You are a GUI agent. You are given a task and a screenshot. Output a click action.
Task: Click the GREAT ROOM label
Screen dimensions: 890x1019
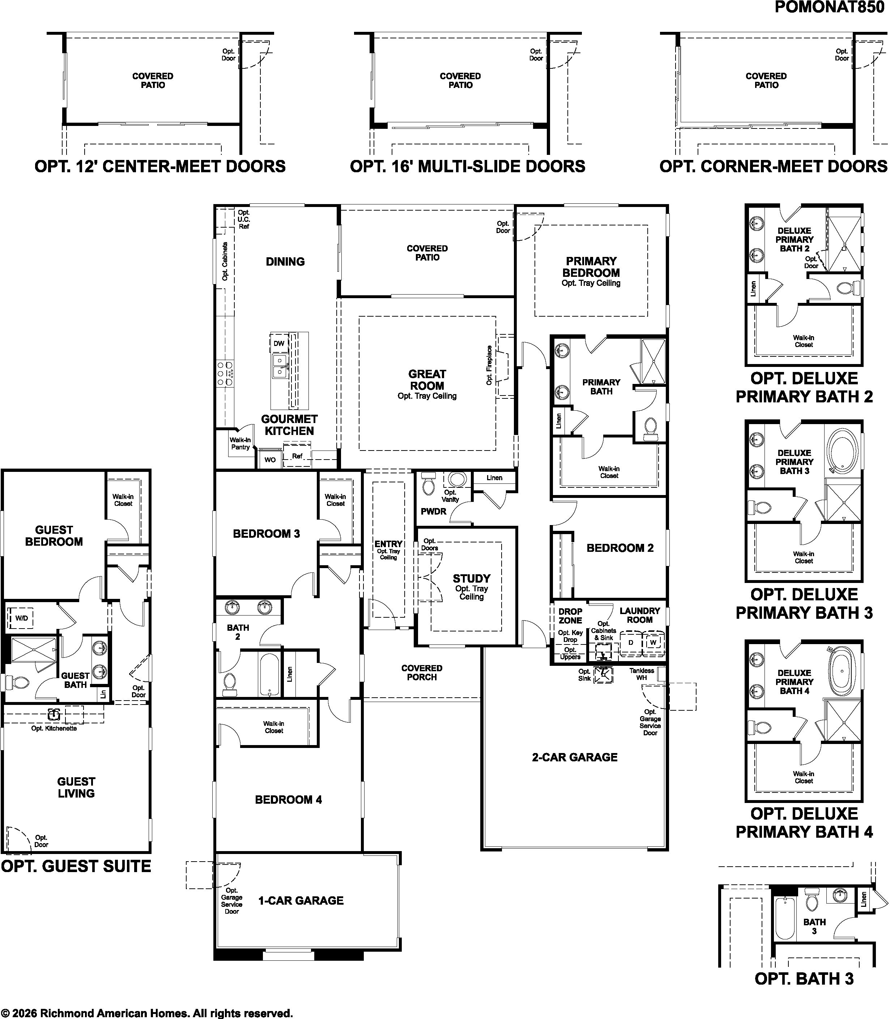tap(427, 380)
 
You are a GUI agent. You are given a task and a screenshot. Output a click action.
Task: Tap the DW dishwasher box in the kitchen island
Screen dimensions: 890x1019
tap(279, 343)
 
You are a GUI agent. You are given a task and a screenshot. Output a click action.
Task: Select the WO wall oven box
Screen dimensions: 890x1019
tap(270, 460)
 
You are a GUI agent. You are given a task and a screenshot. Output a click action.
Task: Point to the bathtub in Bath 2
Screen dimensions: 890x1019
tap(269, 674)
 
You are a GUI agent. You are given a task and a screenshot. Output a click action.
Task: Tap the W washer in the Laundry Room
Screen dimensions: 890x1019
tap(653, 642)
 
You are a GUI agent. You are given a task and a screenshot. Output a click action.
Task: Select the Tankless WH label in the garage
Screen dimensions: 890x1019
tap(642, 674)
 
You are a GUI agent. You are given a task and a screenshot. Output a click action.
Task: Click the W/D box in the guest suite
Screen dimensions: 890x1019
tap(21, 618)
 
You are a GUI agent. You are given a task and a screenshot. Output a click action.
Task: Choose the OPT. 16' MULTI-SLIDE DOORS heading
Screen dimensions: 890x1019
tap(468, 166)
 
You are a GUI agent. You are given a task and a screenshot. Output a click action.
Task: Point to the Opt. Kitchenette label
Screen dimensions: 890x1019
tap(54, 728)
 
